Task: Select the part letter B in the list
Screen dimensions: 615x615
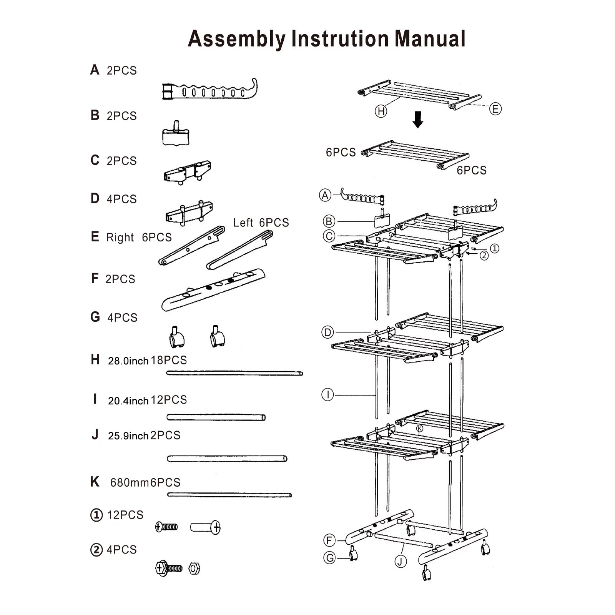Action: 95,115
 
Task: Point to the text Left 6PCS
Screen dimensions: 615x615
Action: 261,223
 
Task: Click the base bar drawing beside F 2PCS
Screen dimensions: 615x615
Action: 213,290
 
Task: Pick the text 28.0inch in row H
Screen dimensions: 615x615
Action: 128,361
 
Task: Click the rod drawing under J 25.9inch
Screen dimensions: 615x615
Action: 227,458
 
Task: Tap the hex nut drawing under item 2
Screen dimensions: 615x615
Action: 194,568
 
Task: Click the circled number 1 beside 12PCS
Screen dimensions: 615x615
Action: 96,515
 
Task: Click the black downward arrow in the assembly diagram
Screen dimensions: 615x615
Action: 418,119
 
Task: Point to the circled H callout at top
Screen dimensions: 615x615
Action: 381,111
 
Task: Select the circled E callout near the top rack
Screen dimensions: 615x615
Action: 495,109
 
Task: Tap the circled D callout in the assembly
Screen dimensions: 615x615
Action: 327,332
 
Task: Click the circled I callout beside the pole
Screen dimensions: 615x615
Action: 327,395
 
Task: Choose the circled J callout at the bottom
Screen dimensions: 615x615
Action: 401,562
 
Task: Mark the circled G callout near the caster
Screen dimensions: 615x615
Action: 329,558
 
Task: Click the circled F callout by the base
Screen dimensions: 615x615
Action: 329,540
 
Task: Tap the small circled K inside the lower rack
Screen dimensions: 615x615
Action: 419,428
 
